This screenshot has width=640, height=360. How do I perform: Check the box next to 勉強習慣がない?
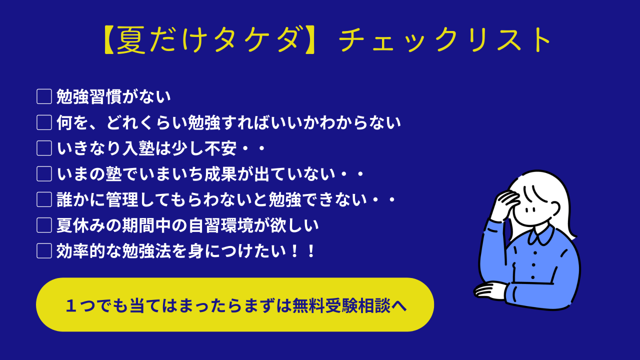44,96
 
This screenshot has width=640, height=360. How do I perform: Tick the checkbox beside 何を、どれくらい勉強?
44,122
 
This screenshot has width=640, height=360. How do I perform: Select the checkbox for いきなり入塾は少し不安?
44,148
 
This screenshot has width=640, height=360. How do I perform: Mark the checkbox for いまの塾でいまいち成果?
44,173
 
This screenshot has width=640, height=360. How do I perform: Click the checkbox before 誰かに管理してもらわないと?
44,199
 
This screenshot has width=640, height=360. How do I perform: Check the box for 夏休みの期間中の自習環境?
44,225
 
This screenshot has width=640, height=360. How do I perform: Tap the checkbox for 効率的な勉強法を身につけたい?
44,251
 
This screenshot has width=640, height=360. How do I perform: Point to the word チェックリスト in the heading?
444,39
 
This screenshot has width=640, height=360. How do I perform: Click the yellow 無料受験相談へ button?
235,304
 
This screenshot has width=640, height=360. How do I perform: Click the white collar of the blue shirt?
540,235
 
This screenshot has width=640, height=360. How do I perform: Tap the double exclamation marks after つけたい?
303,251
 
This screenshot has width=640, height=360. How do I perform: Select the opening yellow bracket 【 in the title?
110,39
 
